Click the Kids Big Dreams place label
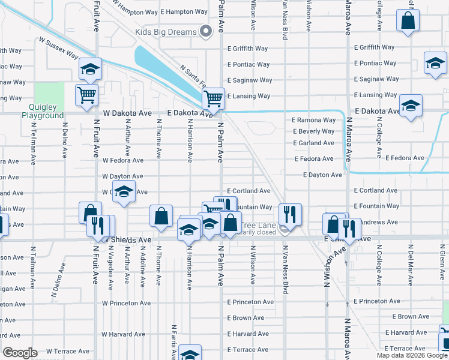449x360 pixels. point(166,32)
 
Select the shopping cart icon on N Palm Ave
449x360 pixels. point(214,97)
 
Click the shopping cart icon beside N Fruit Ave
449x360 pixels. point(86,94)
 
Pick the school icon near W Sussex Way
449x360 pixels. point(90,69)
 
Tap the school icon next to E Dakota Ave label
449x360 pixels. point(411,105)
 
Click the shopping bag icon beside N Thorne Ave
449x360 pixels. point(161,216)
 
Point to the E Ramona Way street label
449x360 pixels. point(314,120)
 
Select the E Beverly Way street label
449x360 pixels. point(314,131)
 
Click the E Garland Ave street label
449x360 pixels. point(313,143)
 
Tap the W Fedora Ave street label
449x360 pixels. point(122,161)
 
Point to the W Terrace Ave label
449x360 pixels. point(68,351)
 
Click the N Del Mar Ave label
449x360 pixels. point(411,264)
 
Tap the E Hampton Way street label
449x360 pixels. point(185,12)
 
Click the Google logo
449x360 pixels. point(20,353)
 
